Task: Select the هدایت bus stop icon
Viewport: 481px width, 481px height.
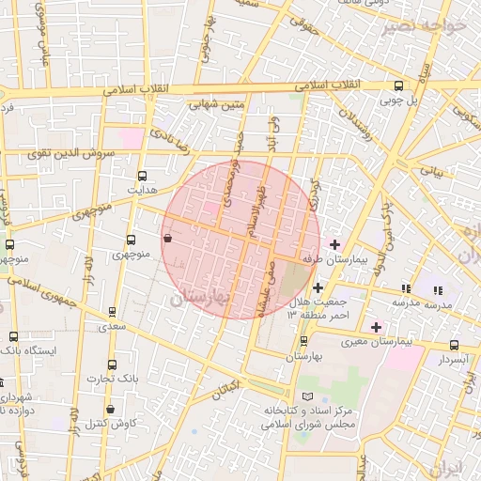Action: [142, 176]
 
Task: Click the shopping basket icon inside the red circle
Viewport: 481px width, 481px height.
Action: [167, 239]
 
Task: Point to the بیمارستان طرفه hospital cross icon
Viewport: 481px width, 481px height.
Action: [334, 244]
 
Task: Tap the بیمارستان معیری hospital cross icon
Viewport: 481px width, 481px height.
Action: [377, 327]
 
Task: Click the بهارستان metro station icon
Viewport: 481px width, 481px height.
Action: [303, 342]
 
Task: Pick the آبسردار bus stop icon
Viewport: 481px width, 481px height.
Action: [455, 346]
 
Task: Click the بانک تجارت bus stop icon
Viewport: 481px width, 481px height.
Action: [113, 365]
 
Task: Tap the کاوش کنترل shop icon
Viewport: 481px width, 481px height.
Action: [112, 409]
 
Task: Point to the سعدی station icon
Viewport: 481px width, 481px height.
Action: [112, 312]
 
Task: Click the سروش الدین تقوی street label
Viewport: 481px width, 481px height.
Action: [70, 152]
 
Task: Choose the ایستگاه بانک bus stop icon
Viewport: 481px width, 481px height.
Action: [13, 336]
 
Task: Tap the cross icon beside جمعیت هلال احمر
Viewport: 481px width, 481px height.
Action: [318, 288]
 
